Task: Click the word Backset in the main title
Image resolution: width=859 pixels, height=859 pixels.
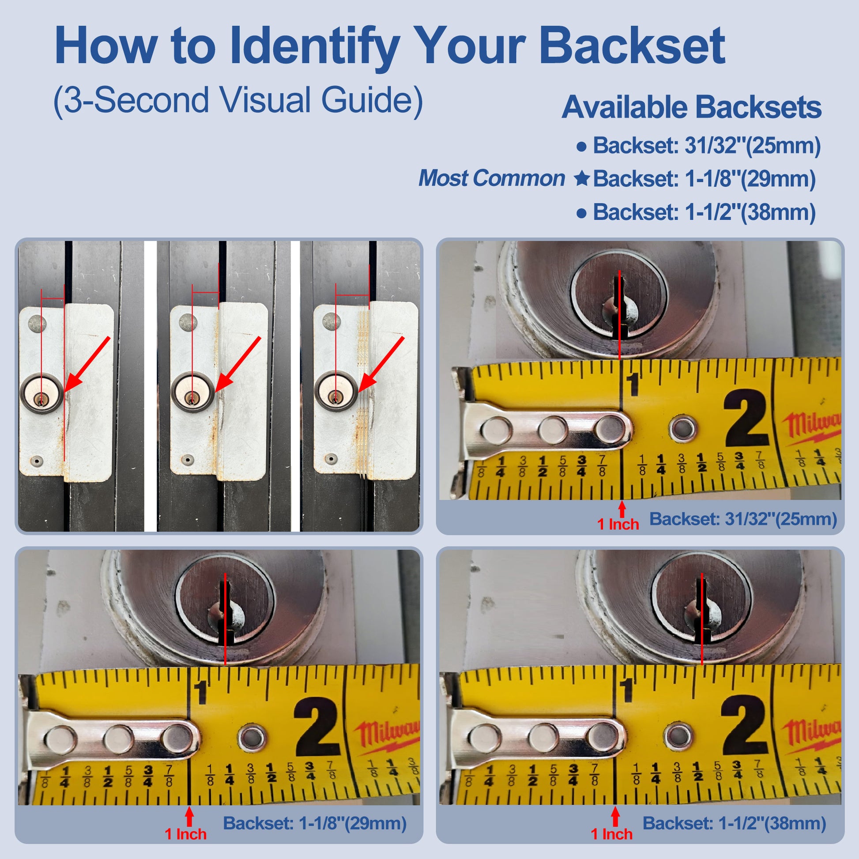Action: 632,46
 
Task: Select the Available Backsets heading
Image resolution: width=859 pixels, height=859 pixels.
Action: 691,108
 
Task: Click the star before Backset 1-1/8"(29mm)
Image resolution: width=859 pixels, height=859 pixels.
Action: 581,179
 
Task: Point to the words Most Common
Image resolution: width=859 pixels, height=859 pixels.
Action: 492,178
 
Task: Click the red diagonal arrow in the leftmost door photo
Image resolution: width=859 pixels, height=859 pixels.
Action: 87,364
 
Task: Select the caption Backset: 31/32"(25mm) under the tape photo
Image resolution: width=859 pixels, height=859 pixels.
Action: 743,519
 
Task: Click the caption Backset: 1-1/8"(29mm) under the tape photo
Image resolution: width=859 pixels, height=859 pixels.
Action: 315,823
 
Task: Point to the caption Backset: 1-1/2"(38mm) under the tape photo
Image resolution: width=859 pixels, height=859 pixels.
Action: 735,823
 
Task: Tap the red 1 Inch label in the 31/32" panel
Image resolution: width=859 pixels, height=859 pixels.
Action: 618,524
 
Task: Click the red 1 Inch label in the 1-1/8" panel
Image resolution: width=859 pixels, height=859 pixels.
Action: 186,834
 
